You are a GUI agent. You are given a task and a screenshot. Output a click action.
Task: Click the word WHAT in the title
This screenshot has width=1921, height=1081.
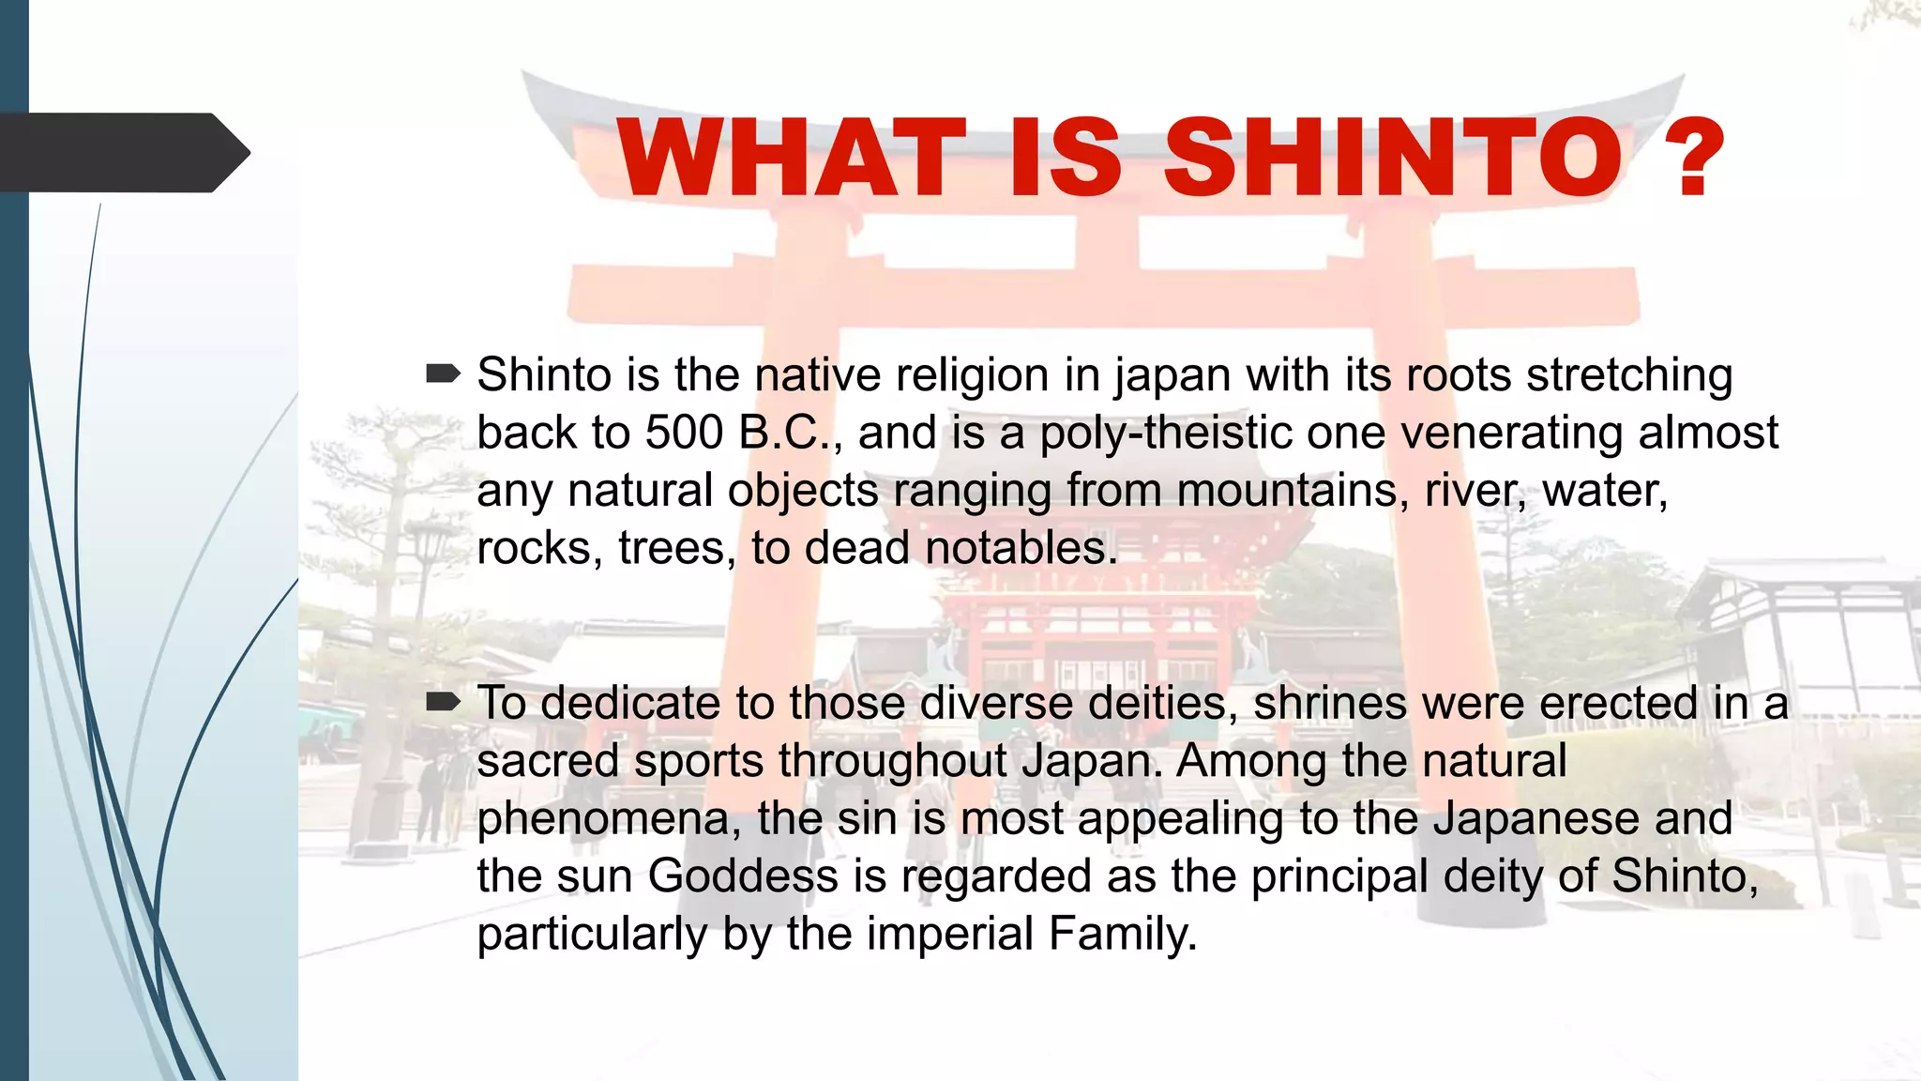coord(791,157)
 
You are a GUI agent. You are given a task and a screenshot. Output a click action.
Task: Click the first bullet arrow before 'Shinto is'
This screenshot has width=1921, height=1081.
coord(443,374)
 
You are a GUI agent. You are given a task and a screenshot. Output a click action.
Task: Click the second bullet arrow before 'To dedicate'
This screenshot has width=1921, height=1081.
coord(443,702)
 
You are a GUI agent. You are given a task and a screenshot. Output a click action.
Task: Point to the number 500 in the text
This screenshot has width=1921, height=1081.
coord(684,433)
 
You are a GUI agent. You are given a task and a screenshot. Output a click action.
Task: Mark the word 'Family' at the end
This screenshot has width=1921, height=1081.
coord(1122,934)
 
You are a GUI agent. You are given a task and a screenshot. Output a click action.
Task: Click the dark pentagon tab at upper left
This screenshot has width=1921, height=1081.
coord(122,152)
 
